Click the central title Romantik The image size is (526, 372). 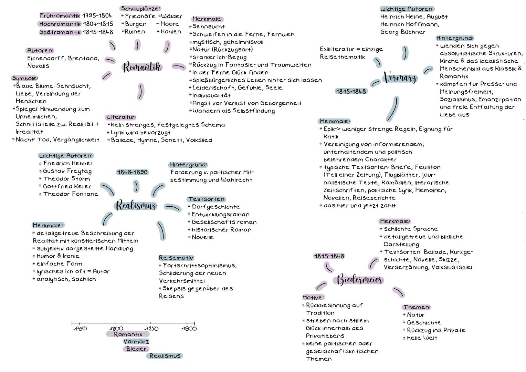142,67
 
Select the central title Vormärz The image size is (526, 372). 400,78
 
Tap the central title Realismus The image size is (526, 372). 136,206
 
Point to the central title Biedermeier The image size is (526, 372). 359,280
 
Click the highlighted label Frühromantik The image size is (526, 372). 60,16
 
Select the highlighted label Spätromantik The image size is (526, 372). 60,32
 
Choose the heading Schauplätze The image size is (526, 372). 140,8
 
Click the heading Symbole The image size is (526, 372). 25,78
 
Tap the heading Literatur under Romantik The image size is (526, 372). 121,117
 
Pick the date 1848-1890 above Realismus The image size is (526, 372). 132,172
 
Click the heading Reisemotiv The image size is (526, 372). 176,258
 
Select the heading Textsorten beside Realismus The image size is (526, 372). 207,199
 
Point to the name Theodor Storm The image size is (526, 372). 66,179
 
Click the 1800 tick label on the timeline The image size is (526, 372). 116,329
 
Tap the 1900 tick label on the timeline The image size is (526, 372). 189,329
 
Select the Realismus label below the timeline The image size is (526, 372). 165,356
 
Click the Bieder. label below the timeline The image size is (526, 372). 136,349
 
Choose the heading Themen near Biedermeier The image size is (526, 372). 417,307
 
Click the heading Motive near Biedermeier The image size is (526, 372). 313,297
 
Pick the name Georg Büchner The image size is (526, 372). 403,32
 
